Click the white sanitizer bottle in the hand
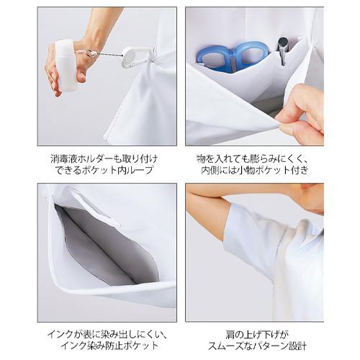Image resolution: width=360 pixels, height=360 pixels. pos(66,66)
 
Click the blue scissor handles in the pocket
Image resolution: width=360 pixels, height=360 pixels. pos(232,55)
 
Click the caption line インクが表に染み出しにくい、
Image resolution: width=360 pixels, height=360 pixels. pos(106,334)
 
